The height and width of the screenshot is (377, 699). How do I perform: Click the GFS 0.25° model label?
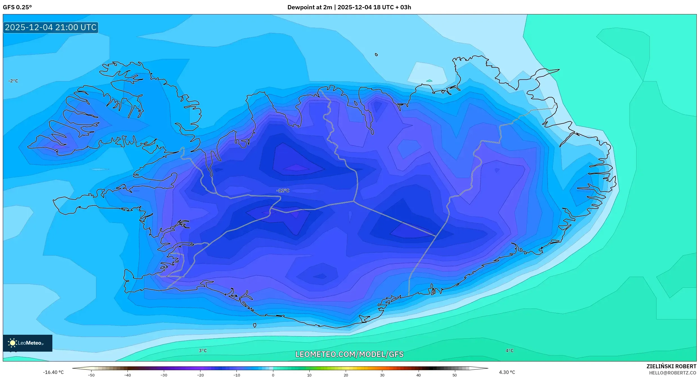coord(17,7)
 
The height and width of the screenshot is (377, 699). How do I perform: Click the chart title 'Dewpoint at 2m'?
coord(309,7)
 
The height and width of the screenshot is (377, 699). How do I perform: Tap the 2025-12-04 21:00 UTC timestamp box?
coord(51,27)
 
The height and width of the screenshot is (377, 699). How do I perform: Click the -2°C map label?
coord(13,81)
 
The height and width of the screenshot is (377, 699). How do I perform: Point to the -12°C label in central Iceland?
coord(283,190)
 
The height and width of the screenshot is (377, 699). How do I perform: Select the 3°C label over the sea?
coord(203,351)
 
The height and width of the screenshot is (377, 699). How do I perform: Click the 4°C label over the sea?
coord(509,351)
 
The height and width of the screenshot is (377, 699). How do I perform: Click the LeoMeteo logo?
coord(28,343)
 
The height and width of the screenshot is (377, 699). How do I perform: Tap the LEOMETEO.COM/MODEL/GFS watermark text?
coord(349,354)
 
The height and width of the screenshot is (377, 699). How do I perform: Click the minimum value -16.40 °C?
coord(53,372)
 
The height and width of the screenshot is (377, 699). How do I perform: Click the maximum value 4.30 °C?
coord(507,372)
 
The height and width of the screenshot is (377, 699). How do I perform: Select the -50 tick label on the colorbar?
coord(91,375)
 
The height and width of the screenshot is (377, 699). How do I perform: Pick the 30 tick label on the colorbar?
coord(382,375)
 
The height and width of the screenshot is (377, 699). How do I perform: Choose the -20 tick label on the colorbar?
coord(200,375)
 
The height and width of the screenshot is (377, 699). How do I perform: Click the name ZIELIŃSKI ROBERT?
coord(671,366)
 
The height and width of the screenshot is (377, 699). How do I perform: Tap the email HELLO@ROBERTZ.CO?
coord(673,373)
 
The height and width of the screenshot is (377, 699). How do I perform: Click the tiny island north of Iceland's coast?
coord(376,55)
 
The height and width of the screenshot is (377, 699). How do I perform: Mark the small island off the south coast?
coord(254,325)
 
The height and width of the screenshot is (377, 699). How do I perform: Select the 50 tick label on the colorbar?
coord(455,375)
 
